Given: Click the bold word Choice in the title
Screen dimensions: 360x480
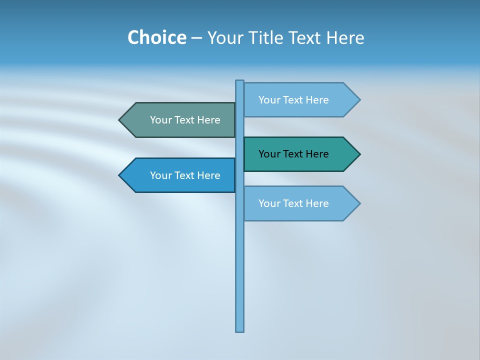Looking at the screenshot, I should point(156,37).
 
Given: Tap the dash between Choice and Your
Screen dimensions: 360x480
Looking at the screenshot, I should point(196,38).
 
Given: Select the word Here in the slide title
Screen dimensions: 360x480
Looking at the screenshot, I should point(345,37).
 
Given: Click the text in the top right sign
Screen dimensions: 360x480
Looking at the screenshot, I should point(293,100).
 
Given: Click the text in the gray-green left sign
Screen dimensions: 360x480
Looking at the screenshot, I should point(185,120).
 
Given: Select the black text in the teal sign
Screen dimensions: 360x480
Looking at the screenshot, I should point(293,154).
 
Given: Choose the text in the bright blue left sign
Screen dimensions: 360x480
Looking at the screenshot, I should point(185,175).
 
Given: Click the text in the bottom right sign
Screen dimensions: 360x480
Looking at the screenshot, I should point(293,203).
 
